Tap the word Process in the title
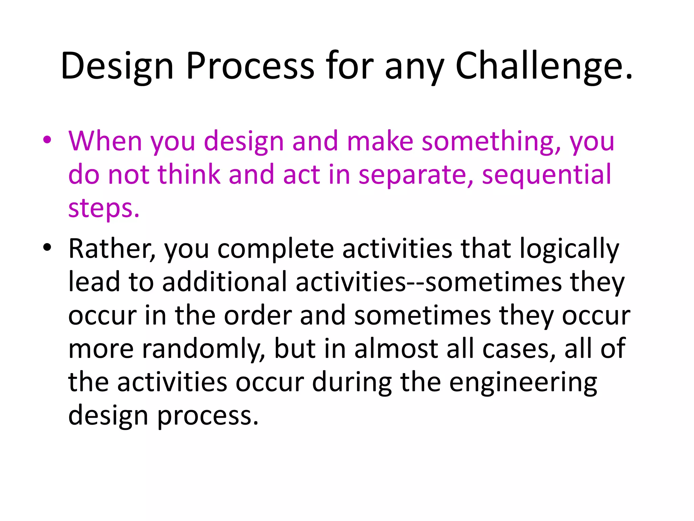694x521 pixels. pos(250,66)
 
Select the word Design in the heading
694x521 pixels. pos(117,66)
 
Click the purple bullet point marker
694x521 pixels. pos(47,140)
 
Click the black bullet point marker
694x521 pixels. pos(47,247)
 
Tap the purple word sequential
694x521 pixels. pos(546,175)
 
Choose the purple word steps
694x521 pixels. pos(104,209)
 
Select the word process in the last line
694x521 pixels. pos(207,416)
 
